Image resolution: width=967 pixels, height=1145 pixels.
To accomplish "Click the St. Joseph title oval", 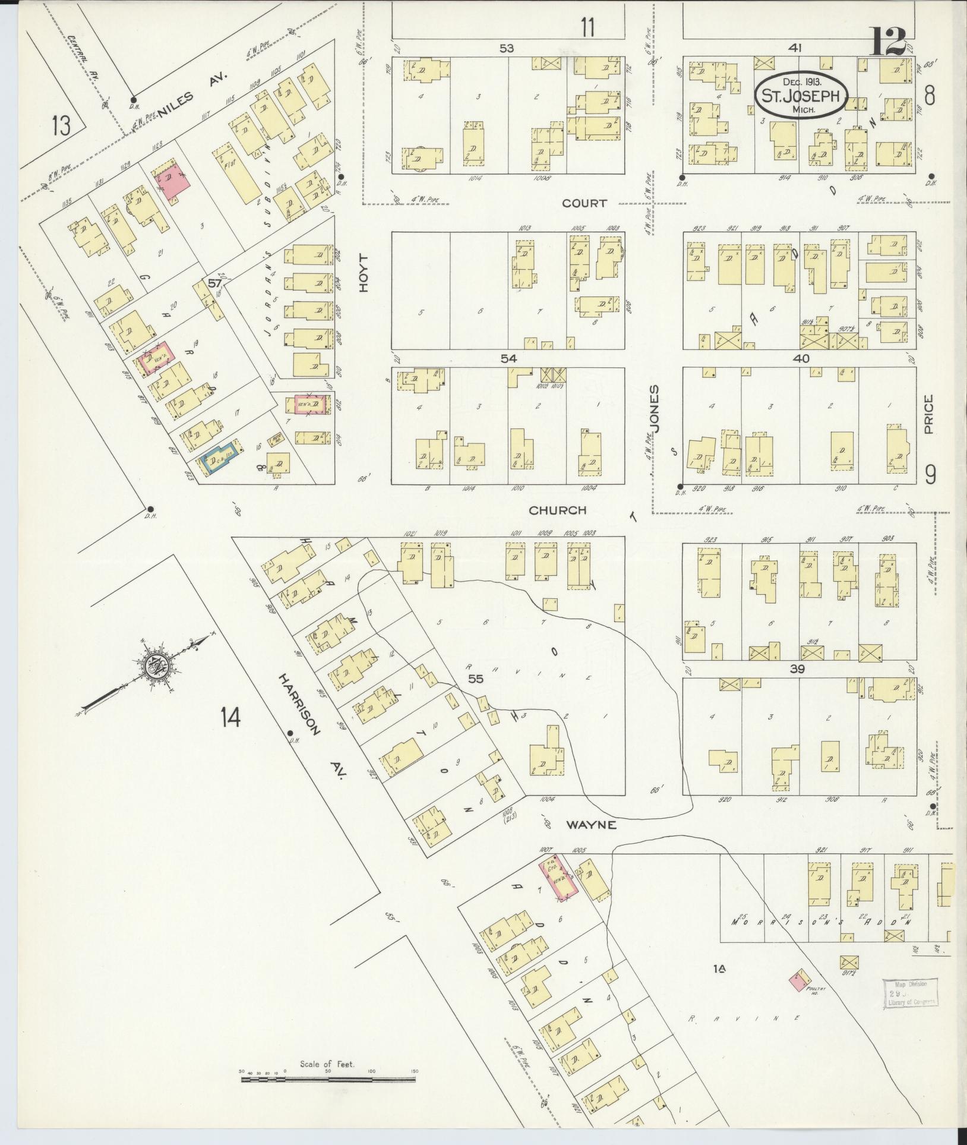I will click(801, 97).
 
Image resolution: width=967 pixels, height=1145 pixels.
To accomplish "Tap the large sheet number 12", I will click(889, 42).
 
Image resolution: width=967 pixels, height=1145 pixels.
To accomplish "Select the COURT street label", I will click(584, 203).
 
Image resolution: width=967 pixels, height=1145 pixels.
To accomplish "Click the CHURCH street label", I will click(557, 510).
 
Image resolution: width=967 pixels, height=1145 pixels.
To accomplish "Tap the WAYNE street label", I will click(590, 825).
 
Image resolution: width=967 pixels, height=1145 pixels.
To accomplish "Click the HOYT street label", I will click(364, 273).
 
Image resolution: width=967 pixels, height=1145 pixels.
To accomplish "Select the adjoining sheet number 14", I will click(230, 717).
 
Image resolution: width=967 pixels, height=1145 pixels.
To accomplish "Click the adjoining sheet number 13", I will click(61, 126).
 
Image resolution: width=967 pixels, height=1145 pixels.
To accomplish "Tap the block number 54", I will click(509, 359).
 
